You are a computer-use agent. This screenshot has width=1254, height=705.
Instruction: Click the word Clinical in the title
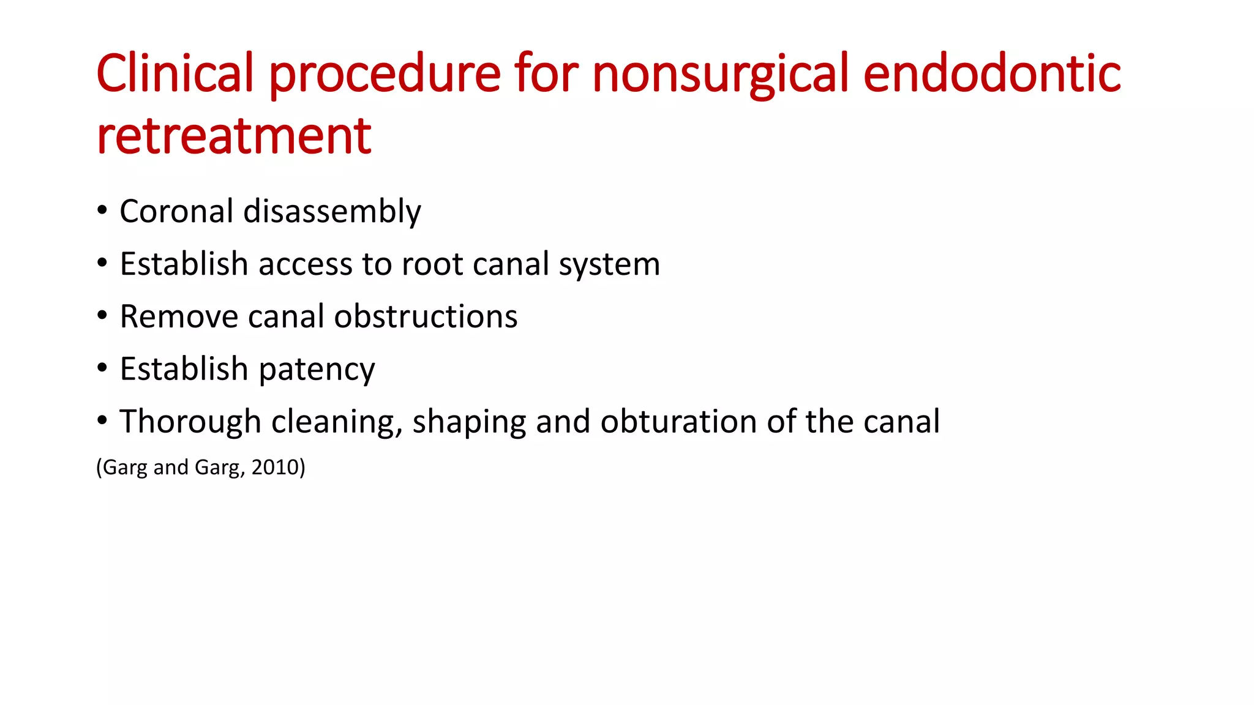tap(175, 73)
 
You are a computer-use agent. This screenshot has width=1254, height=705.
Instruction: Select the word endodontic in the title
tap(992, 73)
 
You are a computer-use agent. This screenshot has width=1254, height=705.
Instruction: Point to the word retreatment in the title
tap(234, 135)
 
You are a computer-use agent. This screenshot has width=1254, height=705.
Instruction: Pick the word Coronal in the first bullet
tap(176, 211)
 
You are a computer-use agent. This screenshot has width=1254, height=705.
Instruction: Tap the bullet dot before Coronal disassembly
tap(102, 211)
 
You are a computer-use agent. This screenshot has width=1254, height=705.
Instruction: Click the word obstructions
tap(426, 316)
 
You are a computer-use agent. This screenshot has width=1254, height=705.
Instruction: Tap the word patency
tap(317, 370)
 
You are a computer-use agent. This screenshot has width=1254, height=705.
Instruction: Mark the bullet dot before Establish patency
tap(102, 368)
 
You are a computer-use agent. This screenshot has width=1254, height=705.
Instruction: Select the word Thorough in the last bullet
tap(190, 422)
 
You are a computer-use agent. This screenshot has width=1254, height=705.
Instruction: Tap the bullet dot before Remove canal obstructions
tap(102, 316)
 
